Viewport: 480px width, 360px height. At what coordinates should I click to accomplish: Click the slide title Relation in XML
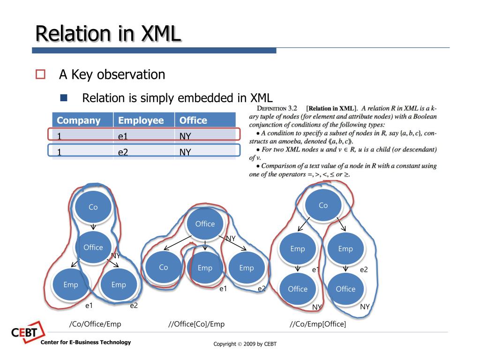click(108, 34)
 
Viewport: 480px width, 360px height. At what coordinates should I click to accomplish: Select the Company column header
click(78, 120)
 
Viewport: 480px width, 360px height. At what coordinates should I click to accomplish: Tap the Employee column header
click(141, 120)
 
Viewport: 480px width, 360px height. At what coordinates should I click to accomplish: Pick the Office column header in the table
click(193, 120)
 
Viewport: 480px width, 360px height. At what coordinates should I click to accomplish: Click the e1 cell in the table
click(123, 136)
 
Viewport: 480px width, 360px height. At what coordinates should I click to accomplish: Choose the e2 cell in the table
click(123, 152)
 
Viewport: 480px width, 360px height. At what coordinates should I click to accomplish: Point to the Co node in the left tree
click(93, 207)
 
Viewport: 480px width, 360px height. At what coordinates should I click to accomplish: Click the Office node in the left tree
click(93, 247)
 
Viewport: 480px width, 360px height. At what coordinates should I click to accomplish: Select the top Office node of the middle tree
click(205, 224)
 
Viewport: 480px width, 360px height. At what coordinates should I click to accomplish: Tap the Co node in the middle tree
click(163, 268)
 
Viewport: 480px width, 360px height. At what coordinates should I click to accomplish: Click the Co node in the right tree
click(323, 205)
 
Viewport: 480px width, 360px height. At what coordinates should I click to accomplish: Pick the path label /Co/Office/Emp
click(95, 324)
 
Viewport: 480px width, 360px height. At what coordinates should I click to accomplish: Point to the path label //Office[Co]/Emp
click(196, 324)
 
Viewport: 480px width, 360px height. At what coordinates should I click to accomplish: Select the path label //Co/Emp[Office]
click(317, 324)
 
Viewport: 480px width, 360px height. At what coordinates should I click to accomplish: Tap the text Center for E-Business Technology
click(86, 342)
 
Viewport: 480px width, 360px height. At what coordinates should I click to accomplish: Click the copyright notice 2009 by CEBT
click(245, 344)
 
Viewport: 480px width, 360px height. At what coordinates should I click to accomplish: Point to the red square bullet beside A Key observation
click(40, 74)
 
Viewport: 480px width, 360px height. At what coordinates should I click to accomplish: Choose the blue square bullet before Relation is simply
click(64, 98)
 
